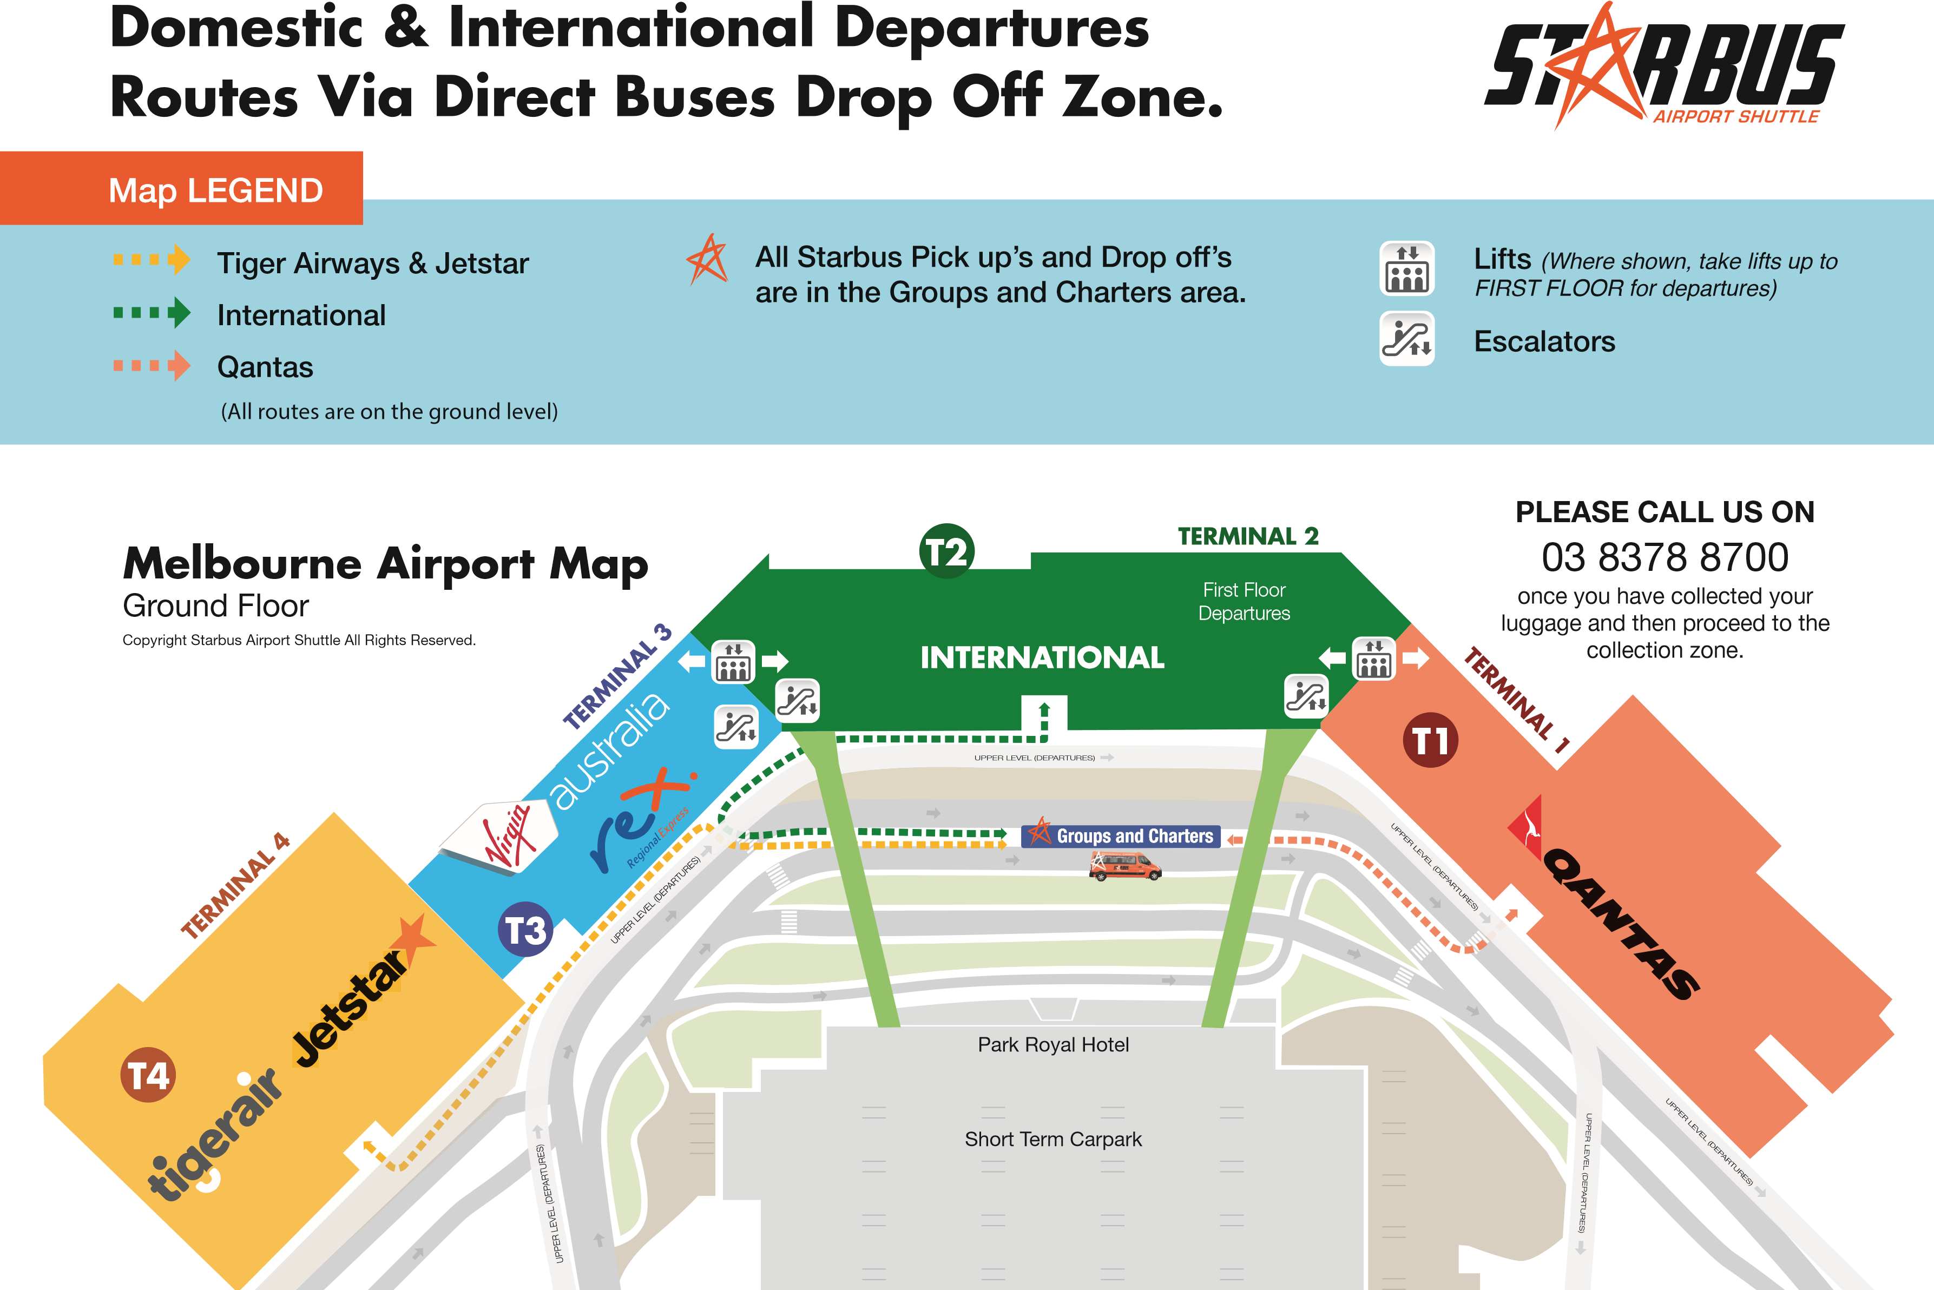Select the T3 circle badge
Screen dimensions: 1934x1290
pos(525,930)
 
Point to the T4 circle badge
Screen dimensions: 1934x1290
pos(148,1075)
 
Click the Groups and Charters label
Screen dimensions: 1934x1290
pos(1121,836)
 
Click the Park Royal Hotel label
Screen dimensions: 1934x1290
pos(1053,1045)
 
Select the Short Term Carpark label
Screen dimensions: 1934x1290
pos(1053,1140)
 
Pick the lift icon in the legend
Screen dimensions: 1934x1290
pos(1407,268)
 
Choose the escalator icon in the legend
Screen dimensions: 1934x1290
pos(1407,338)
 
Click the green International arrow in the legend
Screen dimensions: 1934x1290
pos(152,313)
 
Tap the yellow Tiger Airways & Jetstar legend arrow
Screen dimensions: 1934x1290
pos(152,260)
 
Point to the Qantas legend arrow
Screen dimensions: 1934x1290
pos(152,365)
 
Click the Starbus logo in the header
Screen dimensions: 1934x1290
pos(1663,66)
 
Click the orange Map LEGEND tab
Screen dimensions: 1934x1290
pos(181,188)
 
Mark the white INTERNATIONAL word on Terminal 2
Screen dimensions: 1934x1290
pos(1042,657)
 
